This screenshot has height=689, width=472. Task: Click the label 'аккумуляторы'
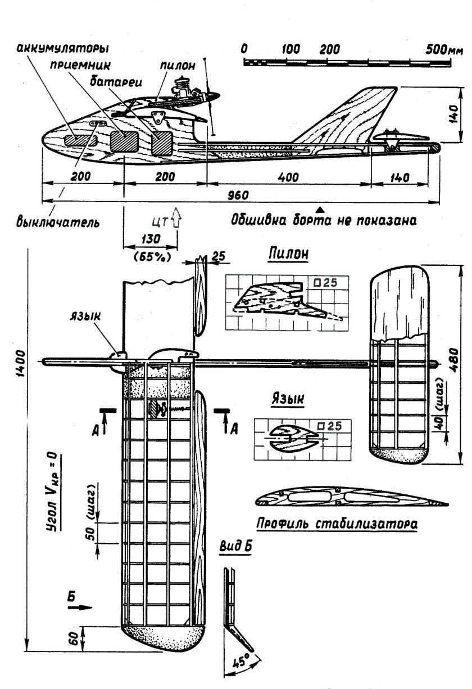click(x=62, y=47)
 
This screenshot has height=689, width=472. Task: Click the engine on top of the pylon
click(x=185, y=89)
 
